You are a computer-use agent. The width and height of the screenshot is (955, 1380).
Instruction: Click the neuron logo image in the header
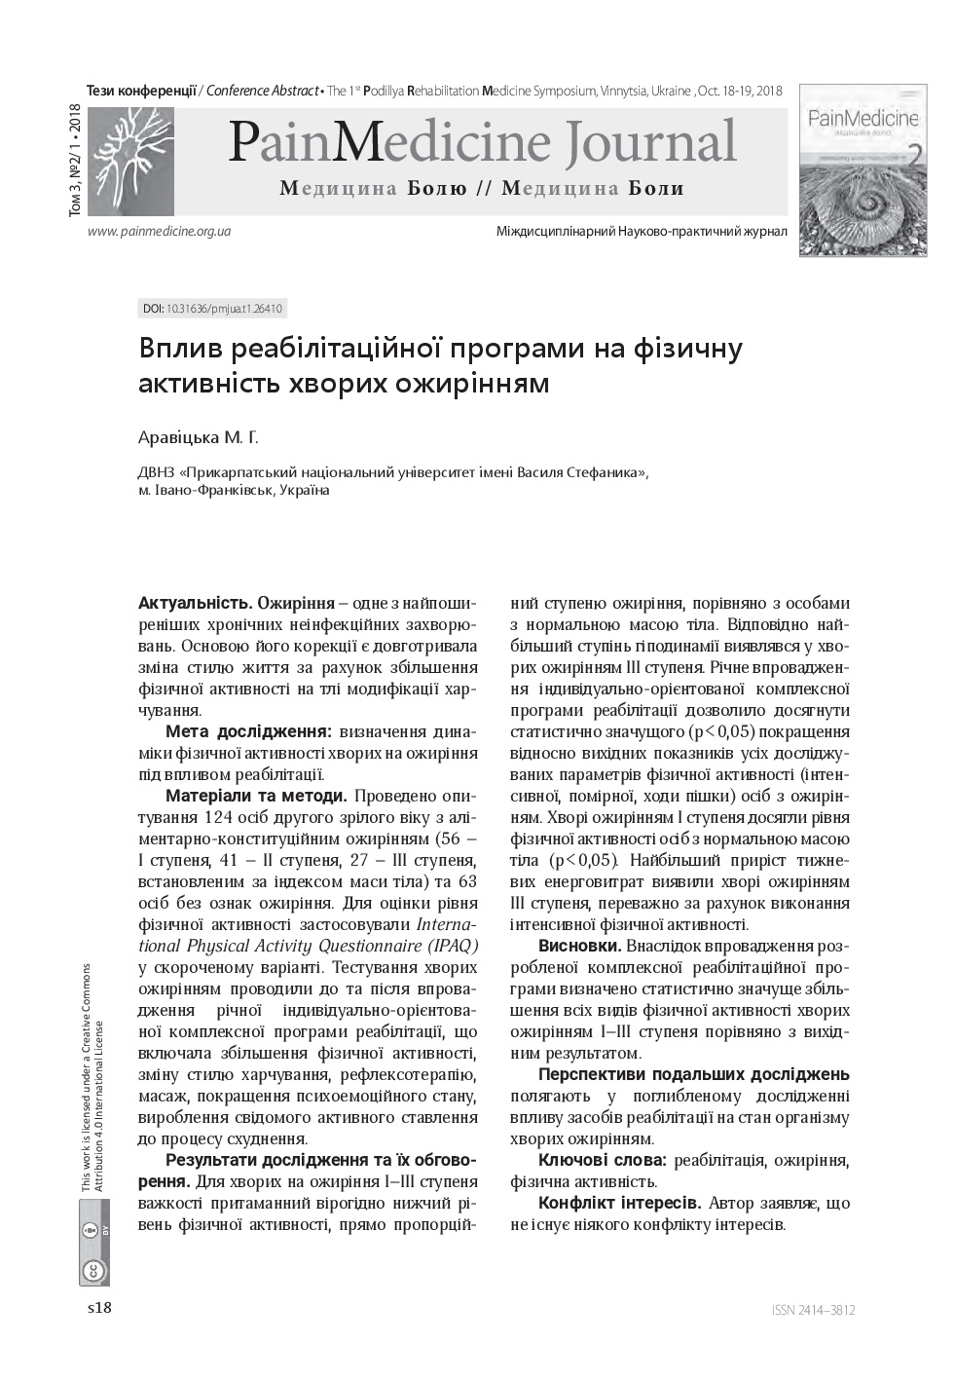pos(130,161)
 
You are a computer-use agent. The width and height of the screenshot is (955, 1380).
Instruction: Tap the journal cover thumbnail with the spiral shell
pos(863,170)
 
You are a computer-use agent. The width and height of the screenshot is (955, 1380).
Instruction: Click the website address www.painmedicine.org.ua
pos(159,232)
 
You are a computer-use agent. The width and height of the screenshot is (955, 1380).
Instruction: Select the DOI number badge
pos(212,309)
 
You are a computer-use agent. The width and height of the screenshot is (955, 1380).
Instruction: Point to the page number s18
pos(99,1308)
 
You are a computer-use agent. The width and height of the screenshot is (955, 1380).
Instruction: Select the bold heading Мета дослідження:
pos(248,731)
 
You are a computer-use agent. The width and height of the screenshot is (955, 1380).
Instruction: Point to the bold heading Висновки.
pos(579,946)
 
